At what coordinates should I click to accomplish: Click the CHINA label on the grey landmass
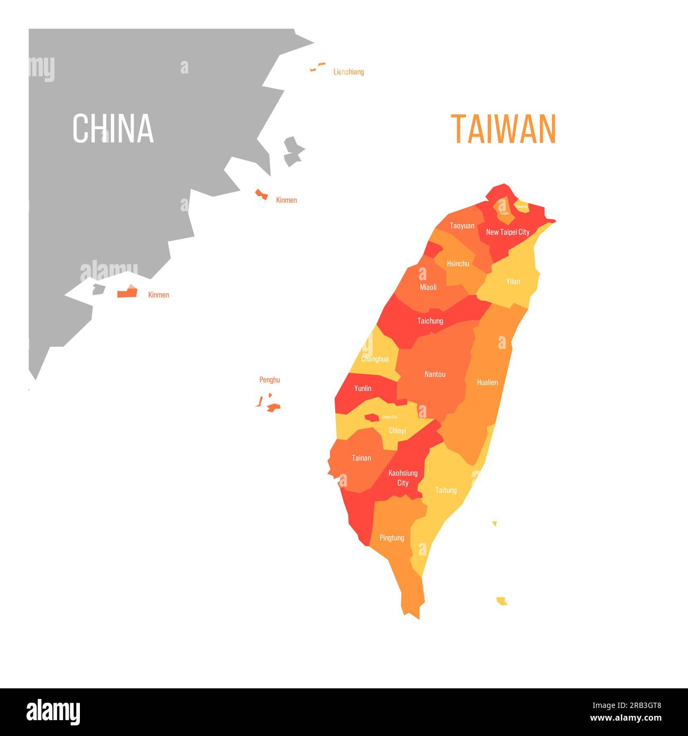point(113,128)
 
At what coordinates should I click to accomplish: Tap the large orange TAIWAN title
point(503,129)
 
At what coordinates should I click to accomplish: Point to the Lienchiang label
point(348,72)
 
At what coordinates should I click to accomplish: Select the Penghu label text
point(269,380)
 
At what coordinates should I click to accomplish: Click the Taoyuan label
point(462,226)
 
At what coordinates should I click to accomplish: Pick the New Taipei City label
point(508,232)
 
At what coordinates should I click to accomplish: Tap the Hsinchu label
point(458,264)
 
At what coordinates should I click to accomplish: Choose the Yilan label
point(513,281)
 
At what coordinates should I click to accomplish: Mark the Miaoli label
point(428,287)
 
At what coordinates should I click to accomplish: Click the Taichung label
point(430,321)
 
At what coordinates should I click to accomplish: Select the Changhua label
point(375,359)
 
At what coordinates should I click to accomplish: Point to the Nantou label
point(435,374)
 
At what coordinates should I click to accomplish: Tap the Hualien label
point(487,382)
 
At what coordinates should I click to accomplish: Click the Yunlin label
point(363,388)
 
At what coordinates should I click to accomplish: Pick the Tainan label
point(361,458)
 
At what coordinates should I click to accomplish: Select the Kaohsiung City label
point(403,478)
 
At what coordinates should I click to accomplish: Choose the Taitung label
point(446,490)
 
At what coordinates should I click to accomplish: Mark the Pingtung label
point(392,538)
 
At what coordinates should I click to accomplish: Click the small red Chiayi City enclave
point(372,418)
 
